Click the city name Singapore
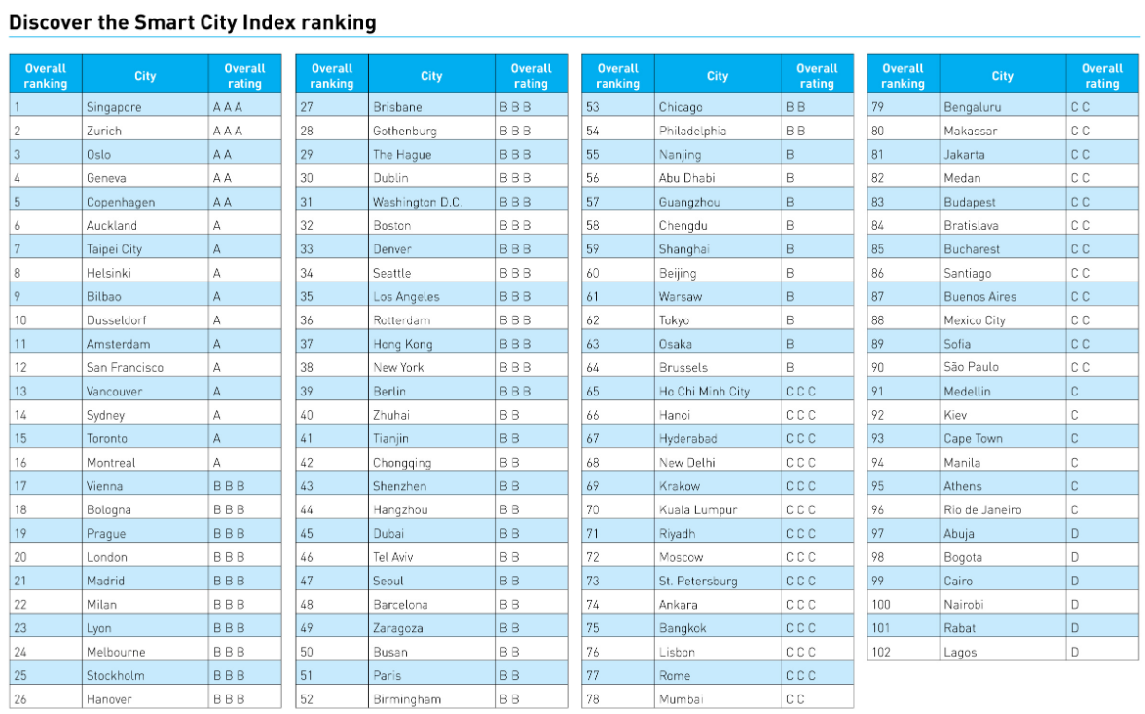[114, 107]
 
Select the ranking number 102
[881, 652]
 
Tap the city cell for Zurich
[104, 131]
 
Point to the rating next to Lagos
[1075, 652]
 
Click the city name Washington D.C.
[418, 202]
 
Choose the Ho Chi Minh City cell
[704, 392]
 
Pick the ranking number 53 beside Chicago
[593, 107]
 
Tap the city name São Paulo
[971, 367]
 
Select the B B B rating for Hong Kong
[515, 344]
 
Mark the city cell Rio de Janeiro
[982, 509]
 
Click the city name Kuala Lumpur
[698, 509]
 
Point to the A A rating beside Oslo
[222, 154]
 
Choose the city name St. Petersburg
[698, 581]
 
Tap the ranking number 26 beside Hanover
[20, 699]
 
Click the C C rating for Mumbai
[794, 699]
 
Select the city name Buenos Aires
[979, 296]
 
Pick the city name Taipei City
[114, 249]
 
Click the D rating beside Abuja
[1075, 533]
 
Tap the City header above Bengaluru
[1003, 76]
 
